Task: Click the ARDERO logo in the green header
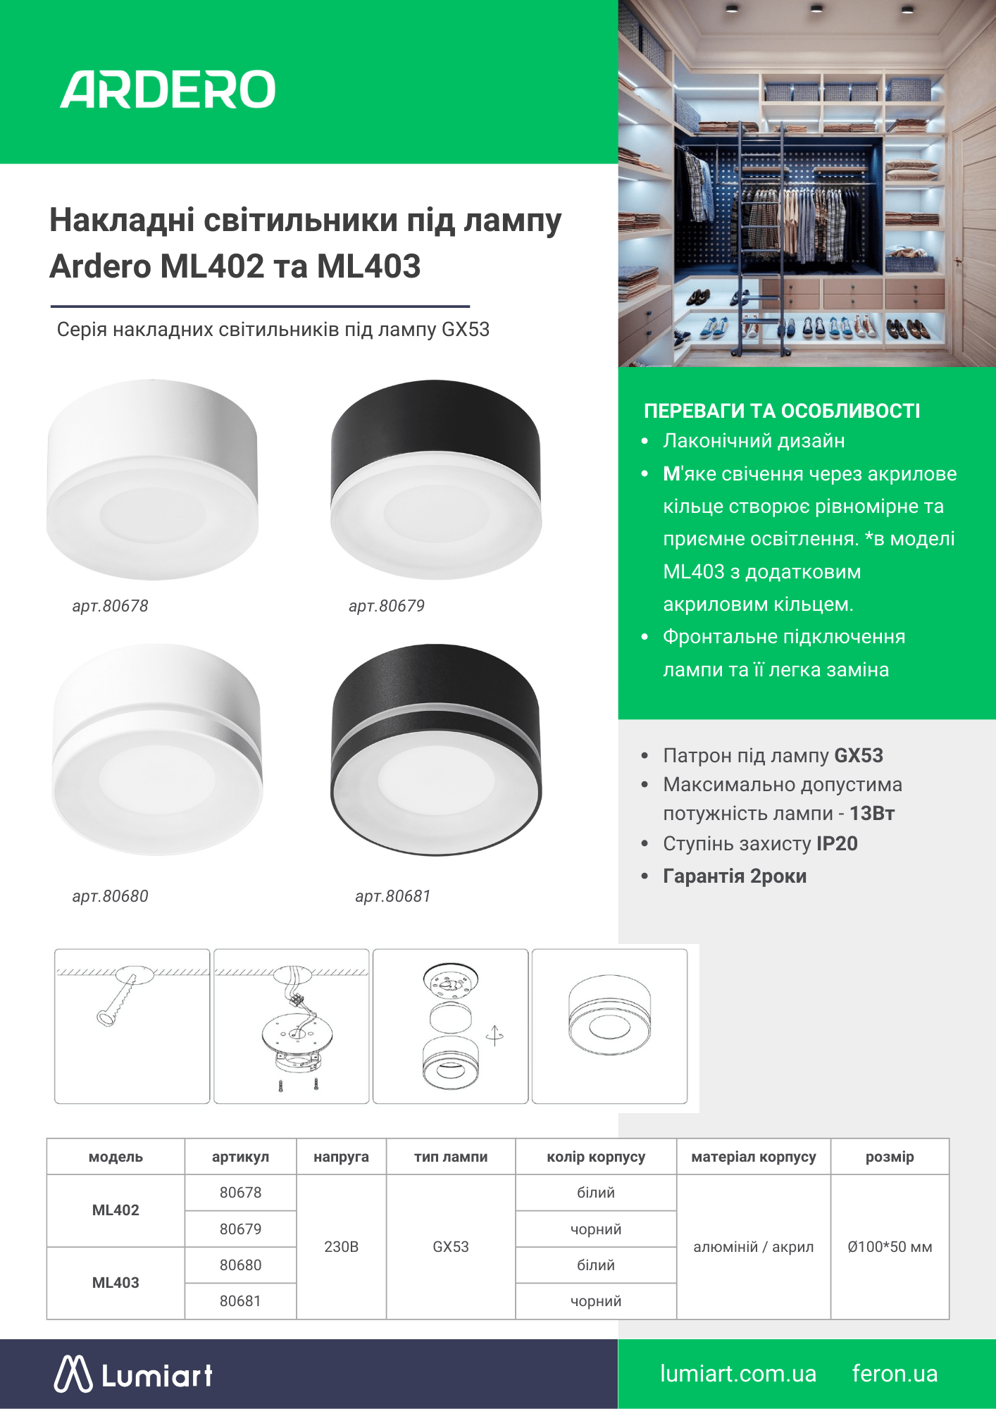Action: (168, 89)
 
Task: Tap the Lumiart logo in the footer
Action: (134, 1374)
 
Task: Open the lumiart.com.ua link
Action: (737, 1374)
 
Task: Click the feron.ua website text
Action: (895, 1374)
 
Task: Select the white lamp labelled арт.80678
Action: (152, 480)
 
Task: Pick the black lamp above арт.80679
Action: (436, 480)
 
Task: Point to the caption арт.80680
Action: (111, 896)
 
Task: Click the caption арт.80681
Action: (393, 896)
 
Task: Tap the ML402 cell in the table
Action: (116, 1210)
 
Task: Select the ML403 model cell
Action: (116, 1283)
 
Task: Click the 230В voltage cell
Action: (341, 1247)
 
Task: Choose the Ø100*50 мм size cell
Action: (890, 1247)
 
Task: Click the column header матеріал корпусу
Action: (754, 1157)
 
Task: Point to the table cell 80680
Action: (240, 1265)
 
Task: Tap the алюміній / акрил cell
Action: (754, 1247)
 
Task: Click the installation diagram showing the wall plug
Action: (132, 1026)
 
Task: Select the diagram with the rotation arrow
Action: (450, 1026)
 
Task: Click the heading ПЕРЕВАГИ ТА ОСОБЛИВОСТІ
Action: (782, 411)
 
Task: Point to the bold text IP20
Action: (837, 844)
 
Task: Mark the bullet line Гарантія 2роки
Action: (735, 876)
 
